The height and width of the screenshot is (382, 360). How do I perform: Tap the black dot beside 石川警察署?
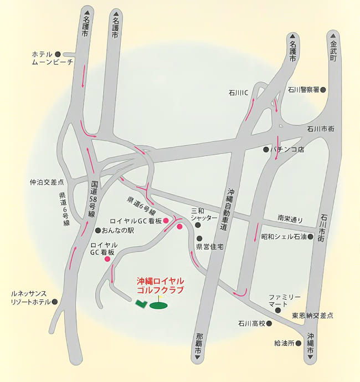pos(323,89)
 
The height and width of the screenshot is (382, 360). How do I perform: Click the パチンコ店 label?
pos(288,150)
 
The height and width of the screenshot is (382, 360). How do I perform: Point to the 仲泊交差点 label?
pos(47,182)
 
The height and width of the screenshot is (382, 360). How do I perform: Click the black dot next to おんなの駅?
pos(98,231)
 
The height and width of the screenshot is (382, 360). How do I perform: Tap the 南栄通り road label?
pos(291,220)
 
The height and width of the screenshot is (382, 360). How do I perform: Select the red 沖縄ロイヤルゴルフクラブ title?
pos(160,286)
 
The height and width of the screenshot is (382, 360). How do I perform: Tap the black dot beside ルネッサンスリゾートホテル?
pos(55,302)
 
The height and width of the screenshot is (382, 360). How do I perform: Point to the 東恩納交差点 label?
pos(312,315)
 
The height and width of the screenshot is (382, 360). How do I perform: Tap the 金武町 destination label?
pos(333,50)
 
